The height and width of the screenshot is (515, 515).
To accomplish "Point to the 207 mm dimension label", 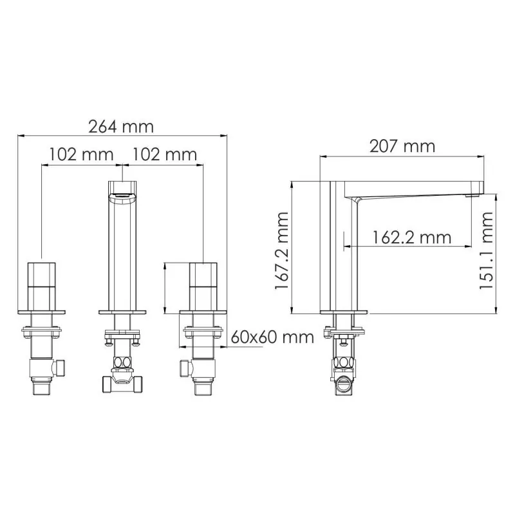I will tap(402, 145).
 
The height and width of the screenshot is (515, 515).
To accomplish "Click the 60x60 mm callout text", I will tap(272, 337).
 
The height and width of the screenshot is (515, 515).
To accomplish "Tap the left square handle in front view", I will tap(41, 286).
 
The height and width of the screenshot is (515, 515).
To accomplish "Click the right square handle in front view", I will tap(203, 286).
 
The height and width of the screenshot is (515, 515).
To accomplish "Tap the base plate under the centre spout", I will tap(122, 313).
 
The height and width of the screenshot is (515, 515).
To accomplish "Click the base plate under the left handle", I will tap(41, 313).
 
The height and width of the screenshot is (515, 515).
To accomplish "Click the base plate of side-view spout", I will tap(344, 313).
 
